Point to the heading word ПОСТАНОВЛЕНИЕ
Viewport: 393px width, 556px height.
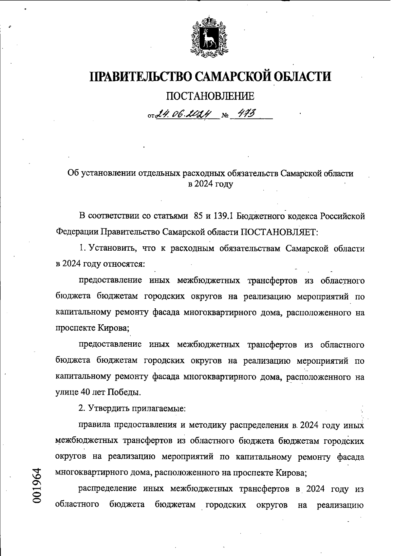click(210, 96)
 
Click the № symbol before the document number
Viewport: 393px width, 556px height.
click(225, 116)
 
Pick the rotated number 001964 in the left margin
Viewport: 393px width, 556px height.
click(37, 486)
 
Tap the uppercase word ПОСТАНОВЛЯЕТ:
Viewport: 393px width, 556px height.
click(279, 232)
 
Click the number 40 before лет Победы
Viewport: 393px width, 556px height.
click(85, 392)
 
